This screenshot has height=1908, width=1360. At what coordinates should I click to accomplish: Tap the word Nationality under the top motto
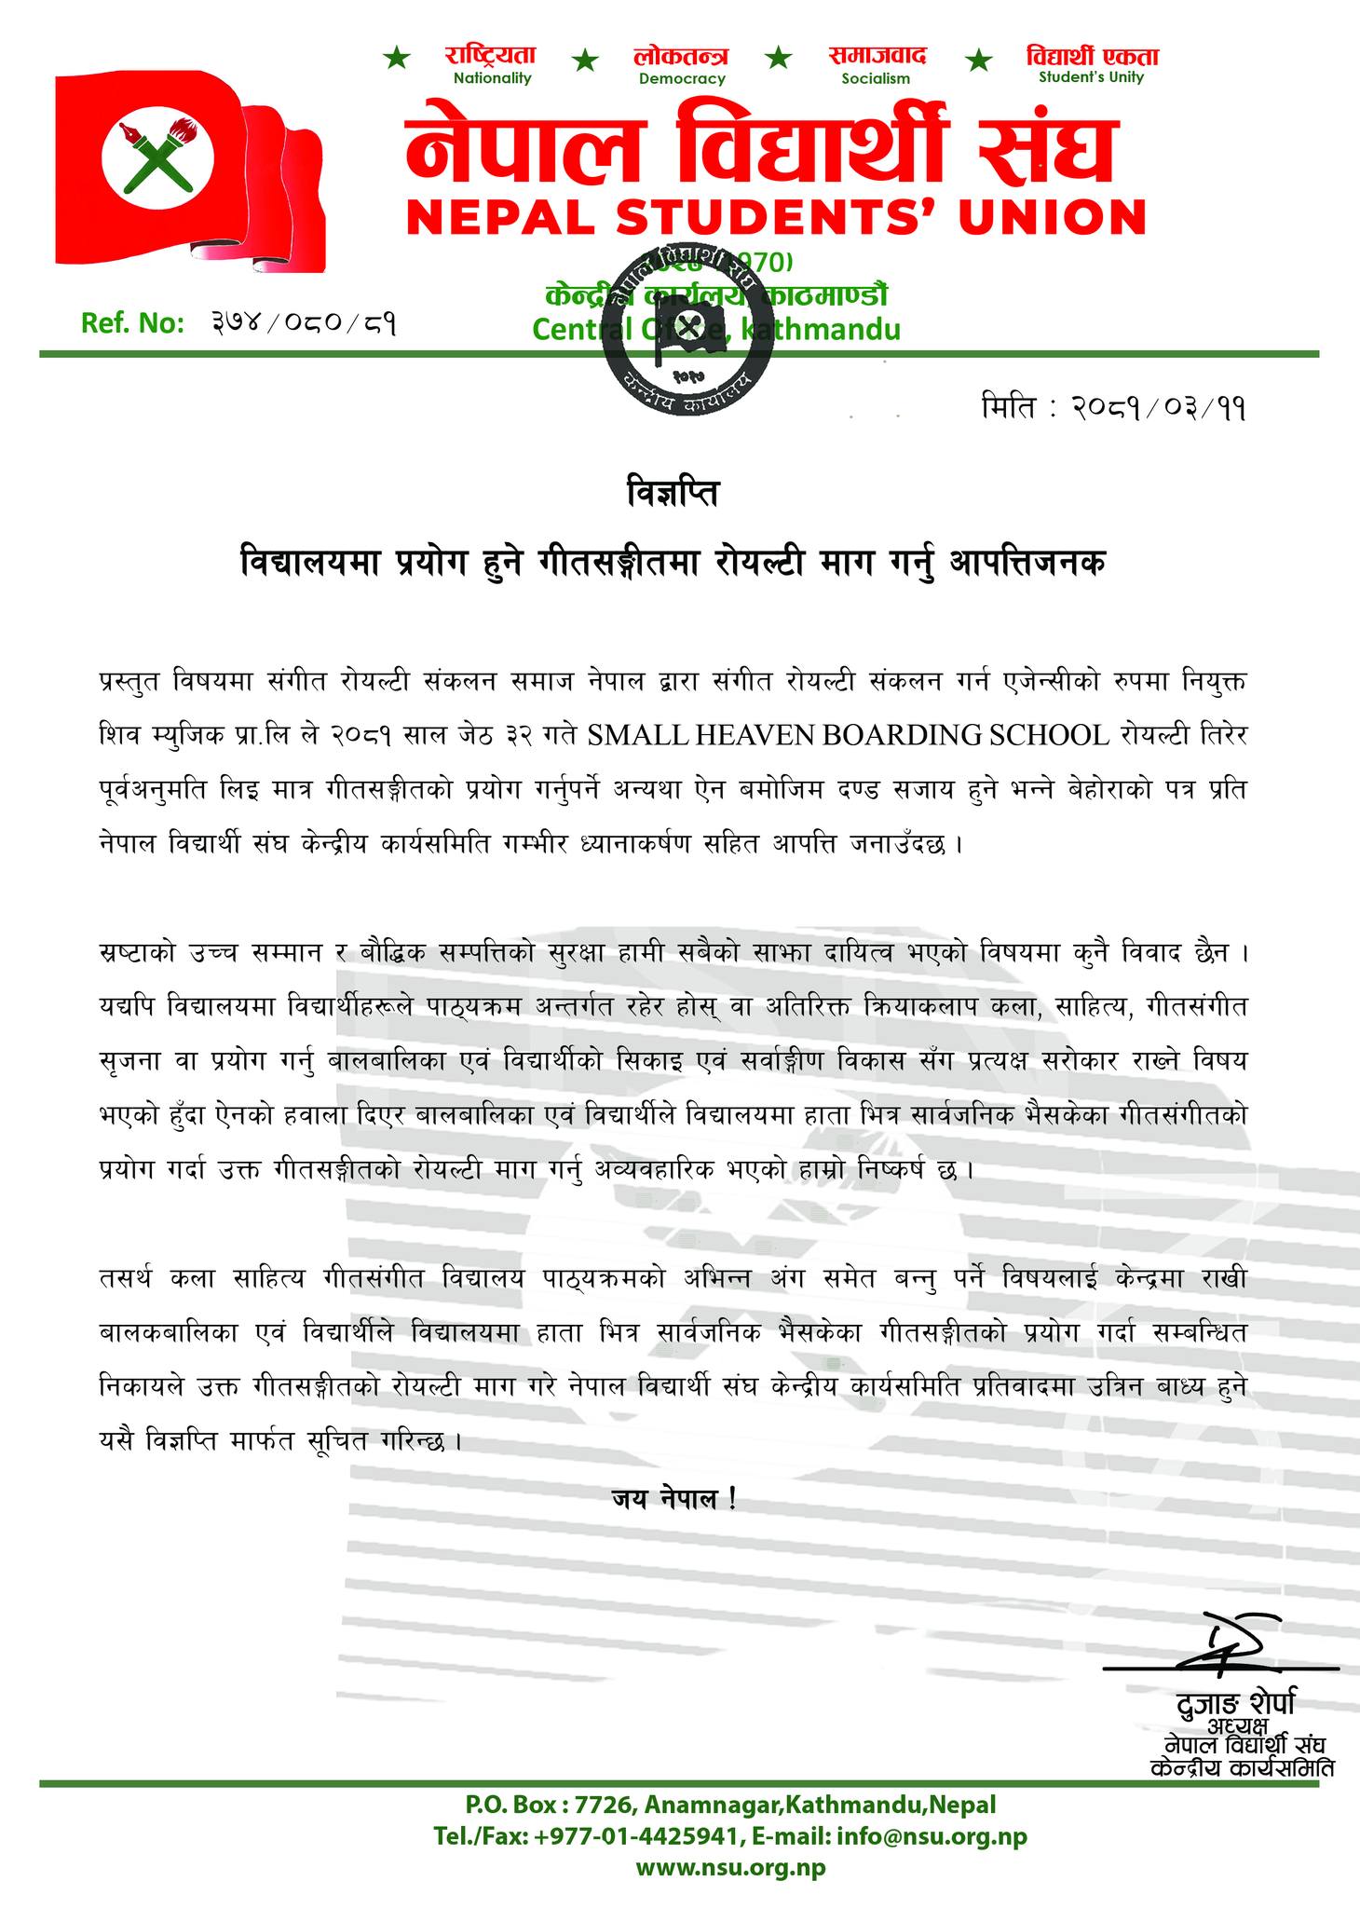tap(492, 78)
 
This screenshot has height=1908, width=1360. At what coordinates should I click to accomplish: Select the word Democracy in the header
tap(682, 79)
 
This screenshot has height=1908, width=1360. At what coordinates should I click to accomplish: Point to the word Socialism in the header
tap(876, 79)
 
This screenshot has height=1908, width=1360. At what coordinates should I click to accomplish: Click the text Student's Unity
tap(1091, 78)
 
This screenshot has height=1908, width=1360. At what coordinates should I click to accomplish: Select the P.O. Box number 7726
tap(602, 1805)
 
